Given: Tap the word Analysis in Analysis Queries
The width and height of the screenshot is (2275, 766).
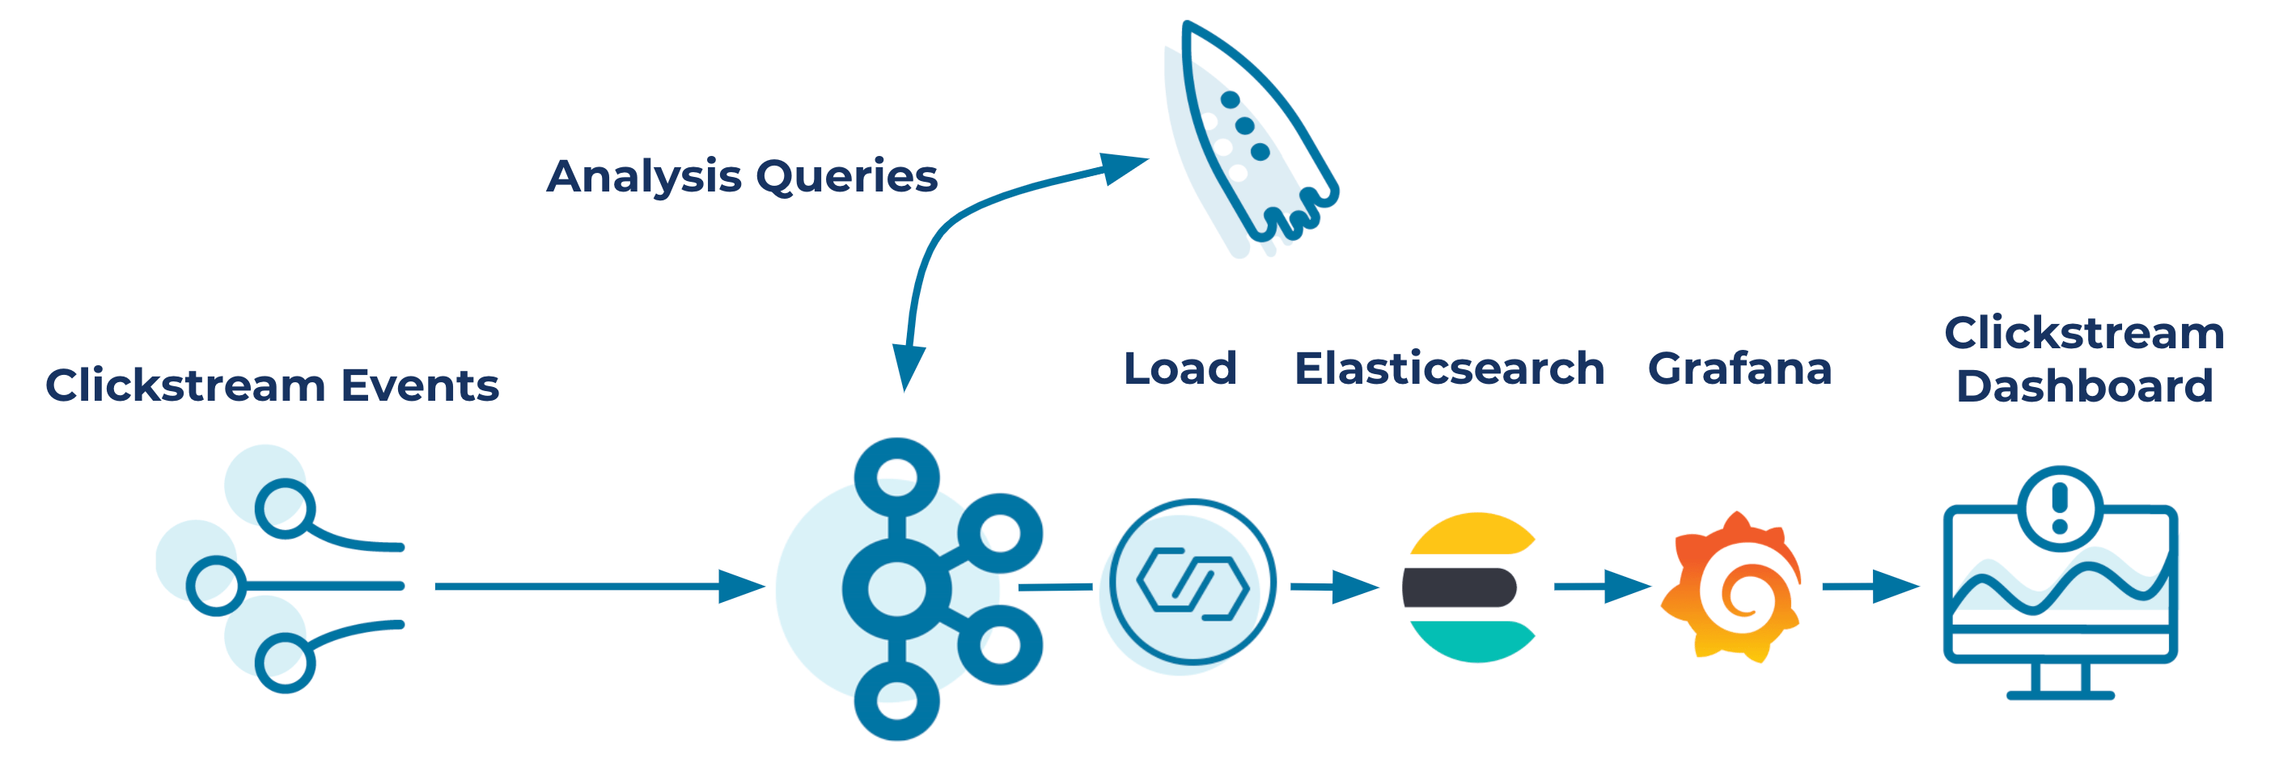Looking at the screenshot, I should click(x=643, y=176).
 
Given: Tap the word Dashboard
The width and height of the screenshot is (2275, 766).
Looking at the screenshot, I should click(x=2084, y=385).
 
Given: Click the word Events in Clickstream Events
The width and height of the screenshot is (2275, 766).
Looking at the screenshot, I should click(x=421, y=385).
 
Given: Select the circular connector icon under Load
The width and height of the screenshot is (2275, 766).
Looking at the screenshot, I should click(x=1193, y=583).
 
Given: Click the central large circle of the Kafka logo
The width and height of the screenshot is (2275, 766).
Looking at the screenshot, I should click(x=897, y=587).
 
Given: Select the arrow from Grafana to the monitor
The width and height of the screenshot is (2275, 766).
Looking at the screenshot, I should click(x=1869, y=586).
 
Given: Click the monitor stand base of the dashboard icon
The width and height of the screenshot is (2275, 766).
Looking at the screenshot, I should click(x=2060, y=695).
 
